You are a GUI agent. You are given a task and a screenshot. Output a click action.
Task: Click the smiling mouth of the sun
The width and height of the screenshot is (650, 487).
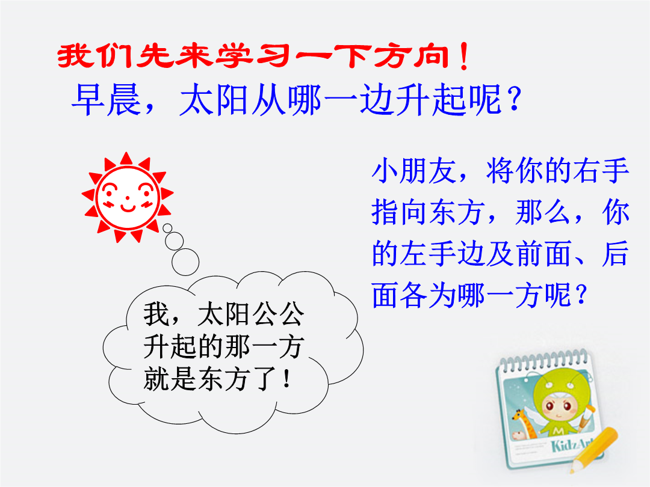(x=128, y=207)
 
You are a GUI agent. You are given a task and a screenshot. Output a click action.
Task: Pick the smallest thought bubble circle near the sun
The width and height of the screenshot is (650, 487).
(x=167, y=228)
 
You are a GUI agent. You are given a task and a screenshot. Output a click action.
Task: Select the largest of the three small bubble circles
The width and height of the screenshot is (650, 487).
(x=185, y=262)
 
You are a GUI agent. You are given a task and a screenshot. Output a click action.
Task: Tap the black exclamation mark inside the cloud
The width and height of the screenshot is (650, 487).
(x=286, y=379)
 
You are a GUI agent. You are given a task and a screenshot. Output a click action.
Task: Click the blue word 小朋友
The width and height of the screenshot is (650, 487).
(x=414, y=170)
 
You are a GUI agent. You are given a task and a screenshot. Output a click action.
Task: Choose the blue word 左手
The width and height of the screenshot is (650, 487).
(x=429, y=253)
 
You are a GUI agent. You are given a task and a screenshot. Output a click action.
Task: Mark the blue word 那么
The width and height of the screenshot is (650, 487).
(x=543, y=212)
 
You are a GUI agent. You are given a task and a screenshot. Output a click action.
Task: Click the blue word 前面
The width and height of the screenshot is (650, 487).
(x=543, y=253)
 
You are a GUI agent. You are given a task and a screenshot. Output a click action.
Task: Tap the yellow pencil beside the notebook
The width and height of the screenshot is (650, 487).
(x=593, y=450)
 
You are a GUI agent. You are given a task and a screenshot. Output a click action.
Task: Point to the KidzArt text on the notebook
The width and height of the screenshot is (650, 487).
(x=572, y=445)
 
